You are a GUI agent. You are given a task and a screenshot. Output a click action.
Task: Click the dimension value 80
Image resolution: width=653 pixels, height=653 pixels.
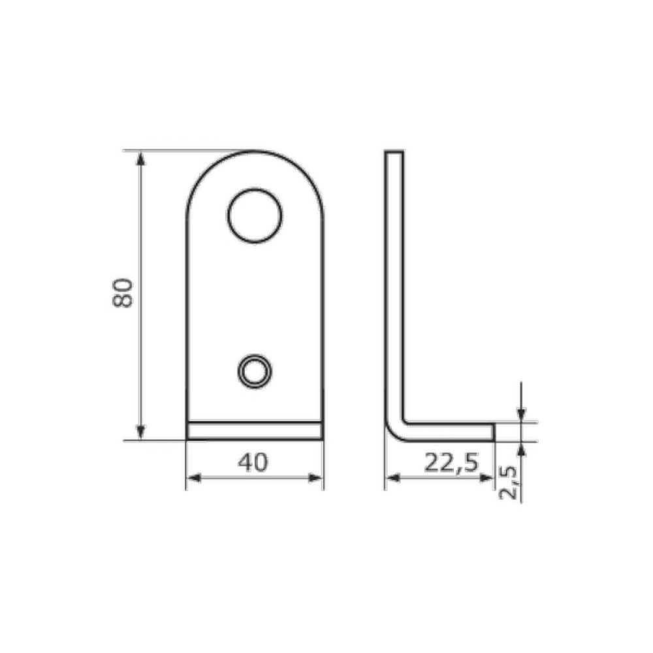tap(123, 293)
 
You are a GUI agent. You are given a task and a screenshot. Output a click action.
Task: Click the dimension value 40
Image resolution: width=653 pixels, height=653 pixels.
tap(253, 462)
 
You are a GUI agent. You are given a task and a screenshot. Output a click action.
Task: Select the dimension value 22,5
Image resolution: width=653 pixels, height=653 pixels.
tap(452, 463)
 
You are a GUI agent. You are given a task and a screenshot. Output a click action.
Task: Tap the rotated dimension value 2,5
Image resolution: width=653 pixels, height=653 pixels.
tap(508, 483)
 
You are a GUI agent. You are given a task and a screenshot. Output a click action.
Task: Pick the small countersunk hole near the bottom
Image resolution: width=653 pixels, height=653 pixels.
tap(254, 371)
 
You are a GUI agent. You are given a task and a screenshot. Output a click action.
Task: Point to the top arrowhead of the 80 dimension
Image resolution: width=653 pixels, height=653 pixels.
tap(141, 158)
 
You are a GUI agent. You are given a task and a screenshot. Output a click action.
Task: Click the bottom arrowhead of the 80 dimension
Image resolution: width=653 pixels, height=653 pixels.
tap(141, 432)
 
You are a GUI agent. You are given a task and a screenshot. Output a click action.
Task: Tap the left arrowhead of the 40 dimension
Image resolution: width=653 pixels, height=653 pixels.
tap(194, 478)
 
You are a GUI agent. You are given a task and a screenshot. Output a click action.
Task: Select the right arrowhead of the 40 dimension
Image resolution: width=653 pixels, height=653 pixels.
tap(315, 478)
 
